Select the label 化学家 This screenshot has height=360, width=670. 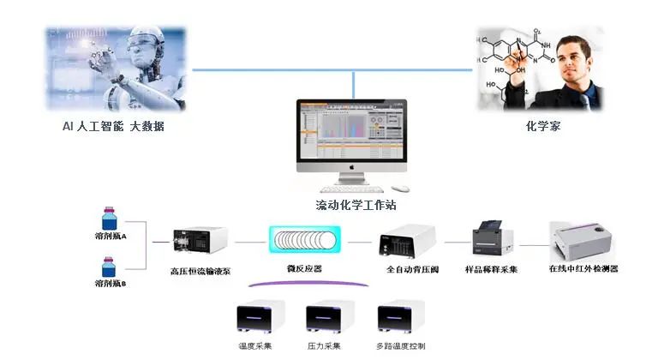pyautogui.click(x=543, y=126)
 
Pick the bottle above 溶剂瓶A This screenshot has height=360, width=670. pyautogui.click(x=109, y=218)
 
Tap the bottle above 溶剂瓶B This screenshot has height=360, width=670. pyautogui.click(x=109, y=267)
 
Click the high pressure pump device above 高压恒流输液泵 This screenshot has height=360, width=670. pyautogui.click(x=200, y=243)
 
